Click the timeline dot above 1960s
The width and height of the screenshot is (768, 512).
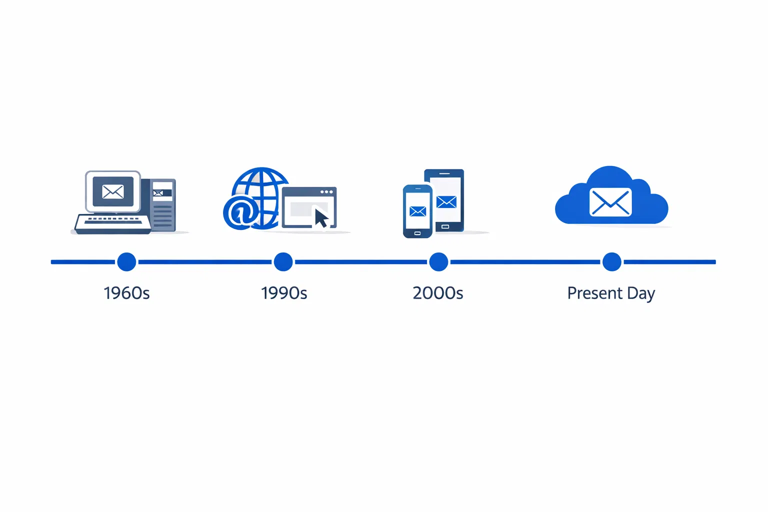(126, 261)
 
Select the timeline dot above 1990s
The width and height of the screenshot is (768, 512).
(283, 261)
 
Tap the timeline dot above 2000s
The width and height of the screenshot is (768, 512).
(438, 261)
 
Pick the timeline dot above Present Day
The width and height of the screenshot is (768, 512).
(611, 261)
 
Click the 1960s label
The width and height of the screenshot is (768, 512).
(126, 293)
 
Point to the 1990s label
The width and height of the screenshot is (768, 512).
(283, 293)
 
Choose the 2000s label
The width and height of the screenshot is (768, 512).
(438, 293)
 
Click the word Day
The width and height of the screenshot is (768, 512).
(640, 294)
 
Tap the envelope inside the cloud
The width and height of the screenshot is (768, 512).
(610, 202)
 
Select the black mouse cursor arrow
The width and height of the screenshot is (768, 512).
(321, 218)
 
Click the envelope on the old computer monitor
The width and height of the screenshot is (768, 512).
(113, 191)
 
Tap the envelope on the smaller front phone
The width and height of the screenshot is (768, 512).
(417, 211)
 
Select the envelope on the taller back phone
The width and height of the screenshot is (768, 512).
(446, 201)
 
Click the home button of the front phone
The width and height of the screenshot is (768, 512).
(417, 233)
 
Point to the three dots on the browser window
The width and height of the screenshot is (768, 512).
(326, 192)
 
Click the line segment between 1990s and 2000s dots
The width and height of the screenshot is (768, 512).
(360, 261)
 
